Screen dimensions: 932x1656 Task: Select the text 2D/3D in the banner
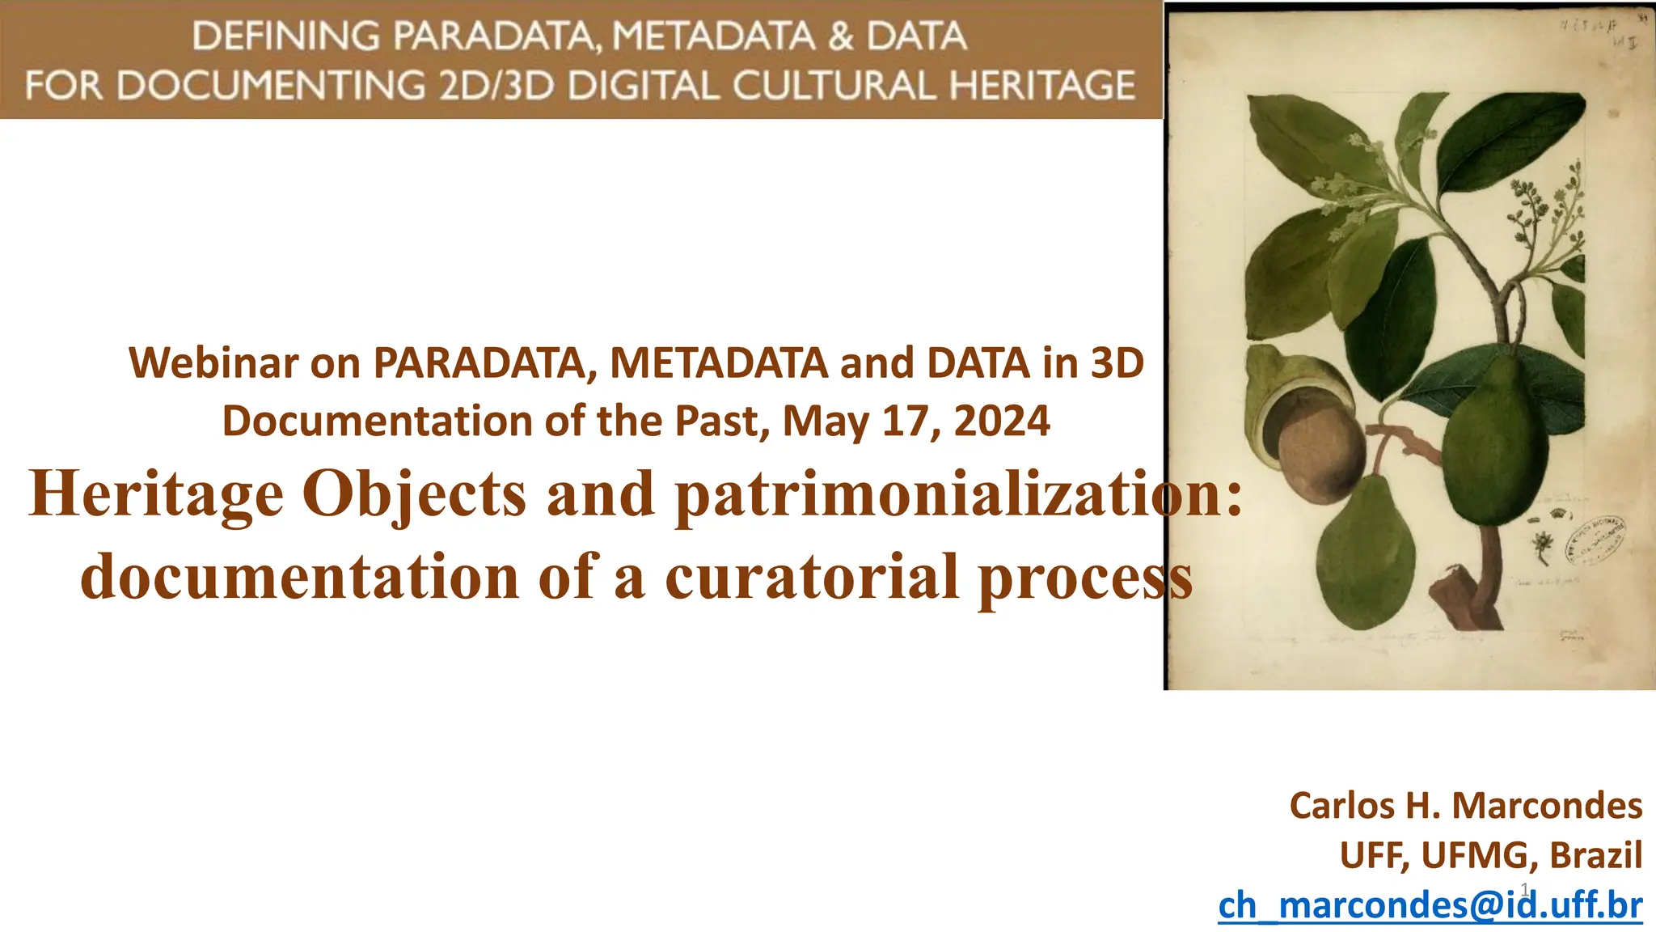(496, 86)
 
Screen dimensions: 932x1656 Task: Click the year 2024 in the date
(1002, 421)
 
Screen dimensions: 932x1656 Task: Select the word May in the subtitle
(826, 421)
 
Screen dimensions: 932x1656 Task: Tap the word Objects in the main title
(414, 494)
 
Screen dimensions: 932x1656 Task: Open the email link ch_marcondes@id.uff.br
(1430, 905)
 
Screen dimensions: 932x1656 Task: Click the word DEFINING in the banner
(286, 37)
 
